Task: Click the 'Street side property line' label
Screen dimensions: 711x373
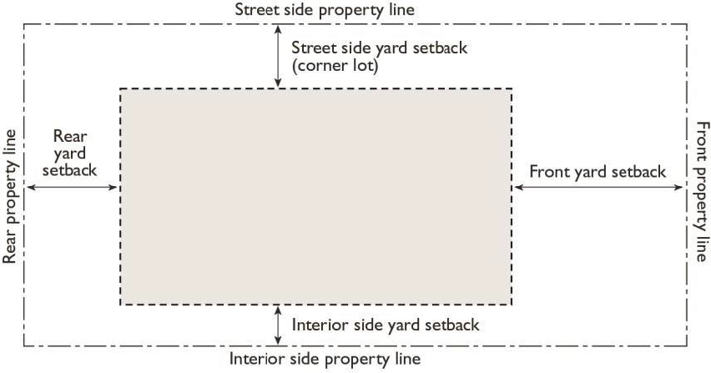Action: (x=325, y=10)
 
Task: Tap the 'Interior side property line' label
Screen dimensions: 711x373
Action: (x=325, y=360)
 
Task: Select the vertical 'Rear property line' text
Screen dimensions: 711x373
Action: (x=10, y=196)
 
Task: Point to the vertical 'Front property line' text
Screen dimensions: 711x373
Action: (x=701, y=190)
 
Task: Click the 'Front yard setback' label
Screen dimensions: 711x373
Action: (x=598, y=172)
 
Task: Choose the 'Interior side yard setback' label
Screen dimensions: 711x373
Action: (x=386, y=324)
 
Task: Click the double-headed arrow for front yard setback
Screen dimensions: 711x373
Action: (x=598, y=188)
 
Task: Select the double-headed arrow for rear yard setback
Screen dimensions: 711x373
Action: (x=72, y=188)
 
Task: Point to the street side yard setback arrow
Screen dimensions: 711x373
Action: (x=278, y=56)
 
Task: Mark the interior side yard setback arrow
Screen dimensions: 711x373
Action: (x=278, y=325)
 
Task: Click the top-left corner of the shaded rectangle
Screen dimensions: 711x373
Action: (x=121, y=88)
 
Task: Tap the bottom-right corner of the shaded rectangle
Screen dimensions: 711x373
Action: (x=512, y=305)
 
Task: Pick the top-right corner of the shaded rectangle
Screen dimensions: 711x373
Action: (x=512, y=88)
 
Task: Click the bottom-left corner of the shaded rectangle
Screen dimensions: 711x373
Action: (x=121, y=305)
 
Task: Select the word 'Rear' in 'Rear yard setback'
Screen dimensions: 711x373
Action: (x=70, y=136)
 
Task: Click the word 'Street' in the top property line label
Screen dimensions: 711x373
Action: (x=257, y=10)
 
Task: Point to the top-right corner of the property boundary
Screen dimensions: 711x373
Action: (x=687, y=24)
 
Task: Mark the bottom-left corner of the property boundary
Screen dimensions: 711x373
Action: (x=24, y=345)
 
